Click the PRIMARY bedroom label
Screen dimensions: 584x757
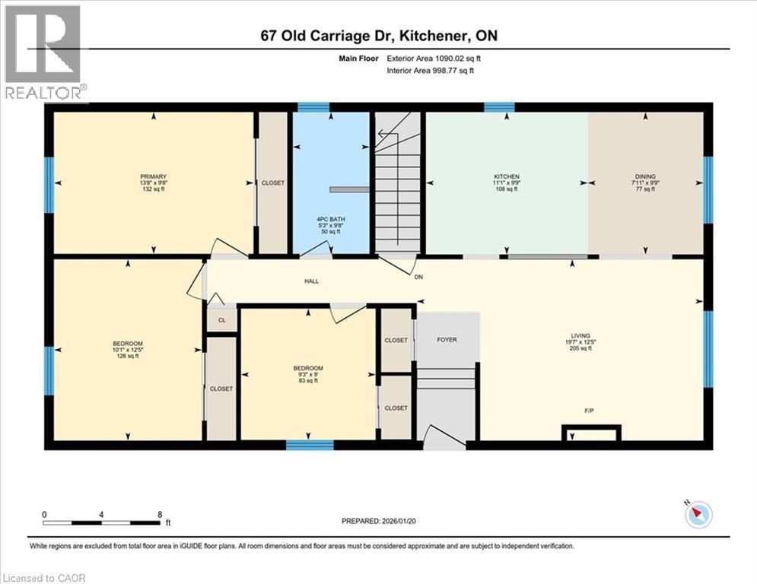(x=153, y=176)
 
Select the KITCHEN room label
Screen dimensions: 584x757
(x=506, y=176)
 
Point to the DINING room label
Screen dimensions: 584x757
(x=645, y=176)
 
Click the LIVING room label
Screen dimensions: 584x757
(x=581, y=335)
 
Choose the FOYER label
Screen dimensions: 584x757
(x=447, y=339)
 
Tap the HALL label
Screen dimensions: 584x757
(x=311, y=281)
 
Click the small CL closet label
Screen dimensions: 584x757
(x=222, y=320)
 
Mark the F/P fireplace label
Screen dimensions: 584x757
(x=589, y=410)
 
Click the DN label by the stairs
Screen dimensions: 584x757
(x=418, y=277)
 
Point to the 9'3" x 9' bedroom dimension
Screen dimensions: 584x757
(x=308, y=374)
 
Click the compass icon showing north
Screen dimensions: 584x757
(x=698, y=515)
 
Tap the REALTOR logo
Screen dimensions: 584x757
(x=44, y=53)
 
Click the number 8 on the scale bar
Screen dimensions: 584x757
(x=159, y=514)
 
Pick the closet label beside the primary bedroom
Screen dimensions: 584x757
(x=272, y=182)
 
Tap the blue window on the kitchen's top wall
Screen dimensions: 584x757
(x=499, y=107)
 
